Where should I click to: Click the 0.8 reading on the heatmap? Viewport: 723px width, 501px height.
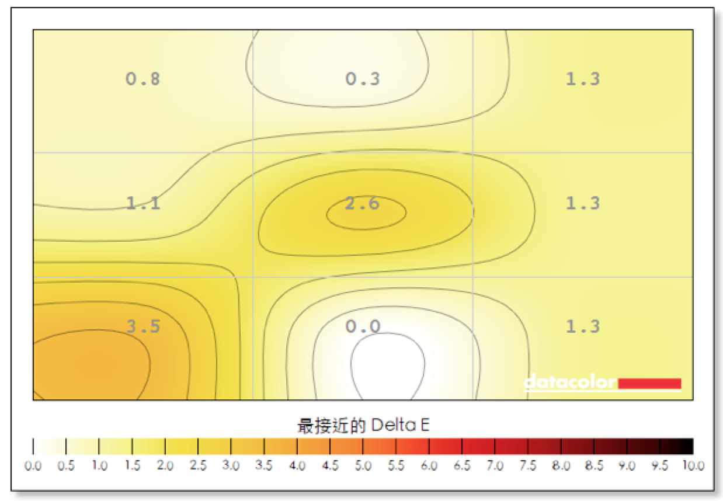143,78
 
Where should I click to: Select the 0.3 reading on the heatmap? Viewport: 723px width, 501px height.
363,78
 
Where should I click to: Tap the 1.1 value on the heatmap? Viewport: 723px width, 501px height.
143,203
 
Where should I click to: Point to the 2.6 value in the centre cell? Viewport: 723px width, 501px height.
363,203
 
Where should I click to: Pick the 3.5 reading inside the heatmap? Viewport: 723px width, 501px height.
143,326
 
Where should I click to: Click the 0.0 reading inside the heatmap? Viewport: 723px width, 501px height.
363,326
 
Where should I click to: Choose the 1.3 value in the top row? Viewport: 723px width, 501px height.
582,78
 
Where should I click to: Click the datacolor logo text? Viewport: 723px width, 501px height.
570,382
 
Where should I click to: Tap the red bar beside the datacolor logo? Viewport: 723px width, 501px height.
649,383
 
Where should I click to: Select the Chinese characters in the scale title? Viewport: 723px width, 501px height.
331,426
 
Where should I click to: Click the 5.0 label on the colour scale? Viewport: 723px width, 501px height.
363,467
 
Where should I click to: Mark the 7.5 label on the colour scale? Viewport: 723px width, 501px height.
528,467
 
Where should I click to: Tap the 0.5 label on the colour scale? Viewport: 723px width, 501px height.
66,467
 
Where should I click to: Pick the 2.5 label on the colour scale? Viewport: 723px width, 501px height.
198,467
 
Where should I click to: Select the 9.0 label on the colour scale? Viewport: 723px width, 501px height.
627,467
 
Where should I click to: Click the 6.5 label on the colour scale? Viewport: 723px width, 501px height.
462,467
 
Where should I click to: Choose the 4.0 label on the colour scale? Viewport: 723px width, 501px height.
297,467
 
